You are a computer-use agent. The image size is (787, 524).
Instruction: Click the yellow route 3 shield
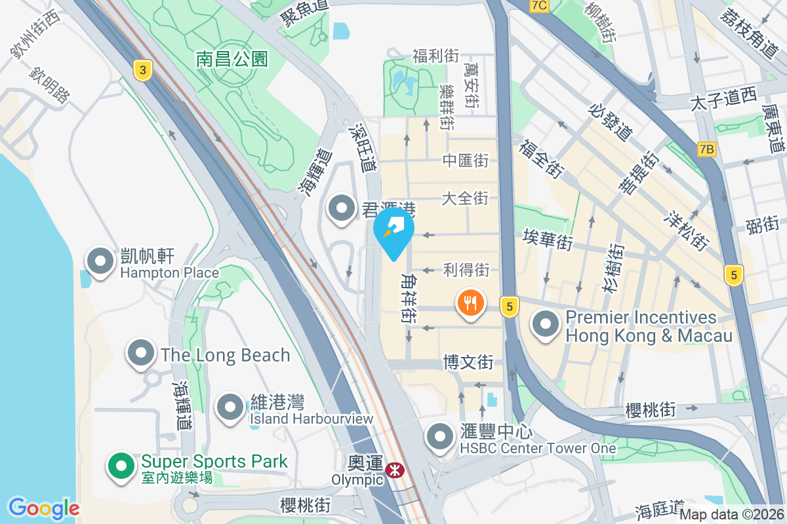pos(141,70)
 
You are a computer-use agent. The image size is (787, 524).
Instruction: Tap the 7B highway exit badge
pos(706,149)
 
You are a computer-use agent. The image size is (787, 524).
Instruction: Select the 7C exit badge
pos(539,6)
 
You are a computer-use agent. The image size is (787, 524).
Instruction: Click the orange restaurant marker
pos(470,303)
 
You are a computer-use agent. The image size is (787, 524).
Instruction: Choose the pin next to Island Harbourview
pos(230,407)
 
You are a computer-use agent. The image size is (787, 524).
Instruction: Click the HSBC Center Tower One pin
pos(439,438)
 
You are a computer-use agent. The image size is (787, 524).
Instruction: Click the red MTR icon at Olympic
pos(395,470)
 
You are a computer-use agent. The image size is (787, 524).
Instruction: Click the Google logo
pos(43,508)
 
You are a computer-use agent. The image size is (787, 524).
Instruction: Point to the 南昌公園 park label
pos(232,59)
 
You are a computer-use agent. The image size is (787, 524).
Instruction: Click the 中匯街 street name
pos(466,160)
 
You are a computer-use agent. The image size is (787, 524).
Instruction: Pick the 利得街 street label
pos(466,269)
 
